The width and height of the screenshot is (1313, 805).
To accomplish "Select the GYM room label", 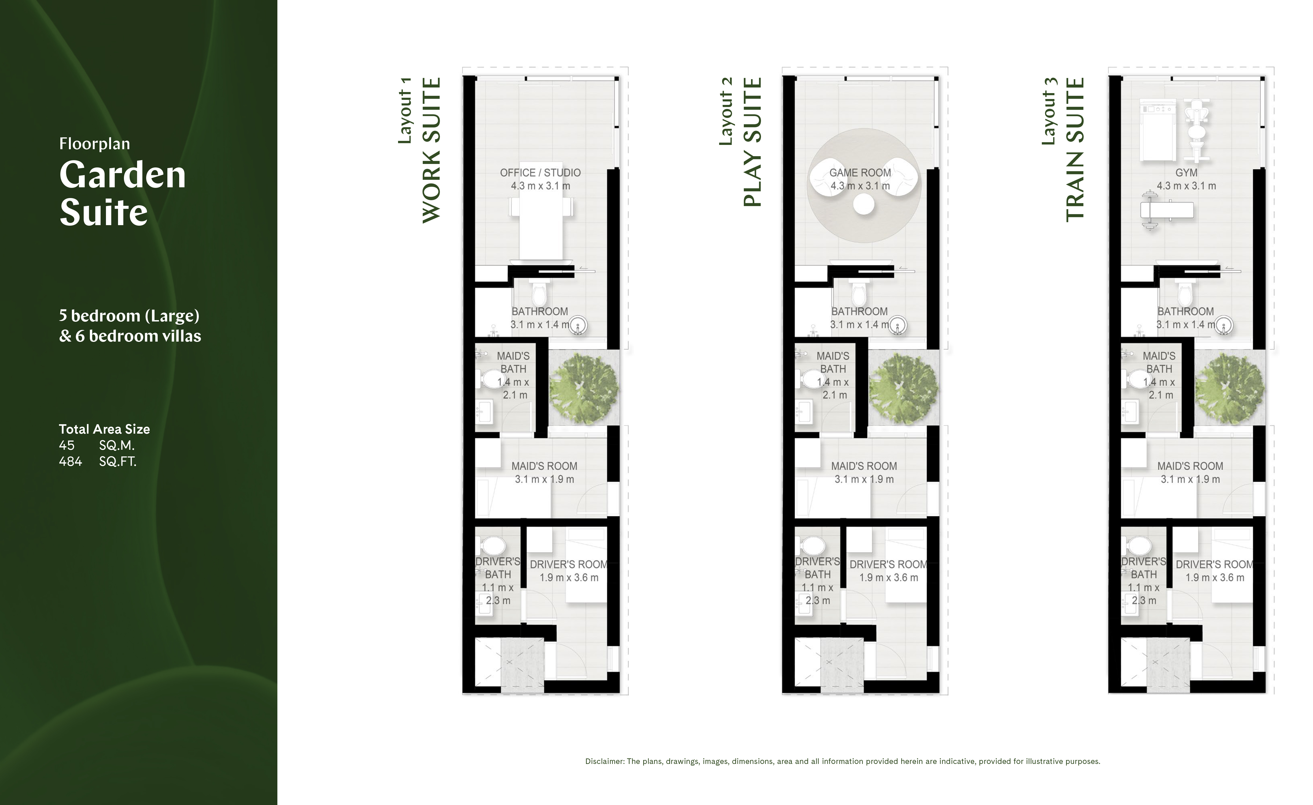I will coord(1186,173).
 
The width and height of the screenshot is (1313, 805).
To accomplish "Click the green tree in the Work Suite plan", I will coord(583,387).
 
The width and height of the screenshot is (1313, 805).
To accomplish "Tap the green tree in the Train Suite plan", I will coord(1229,387).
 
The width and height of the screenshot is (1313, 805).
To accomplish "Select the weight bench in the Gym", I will coord(1167,211).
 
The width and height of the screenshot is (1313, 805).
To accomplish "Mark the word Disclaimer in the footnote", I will coord(604,761).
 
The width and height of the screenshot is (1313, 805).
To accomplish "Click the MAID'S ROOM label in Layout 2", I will coord(864,466).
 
